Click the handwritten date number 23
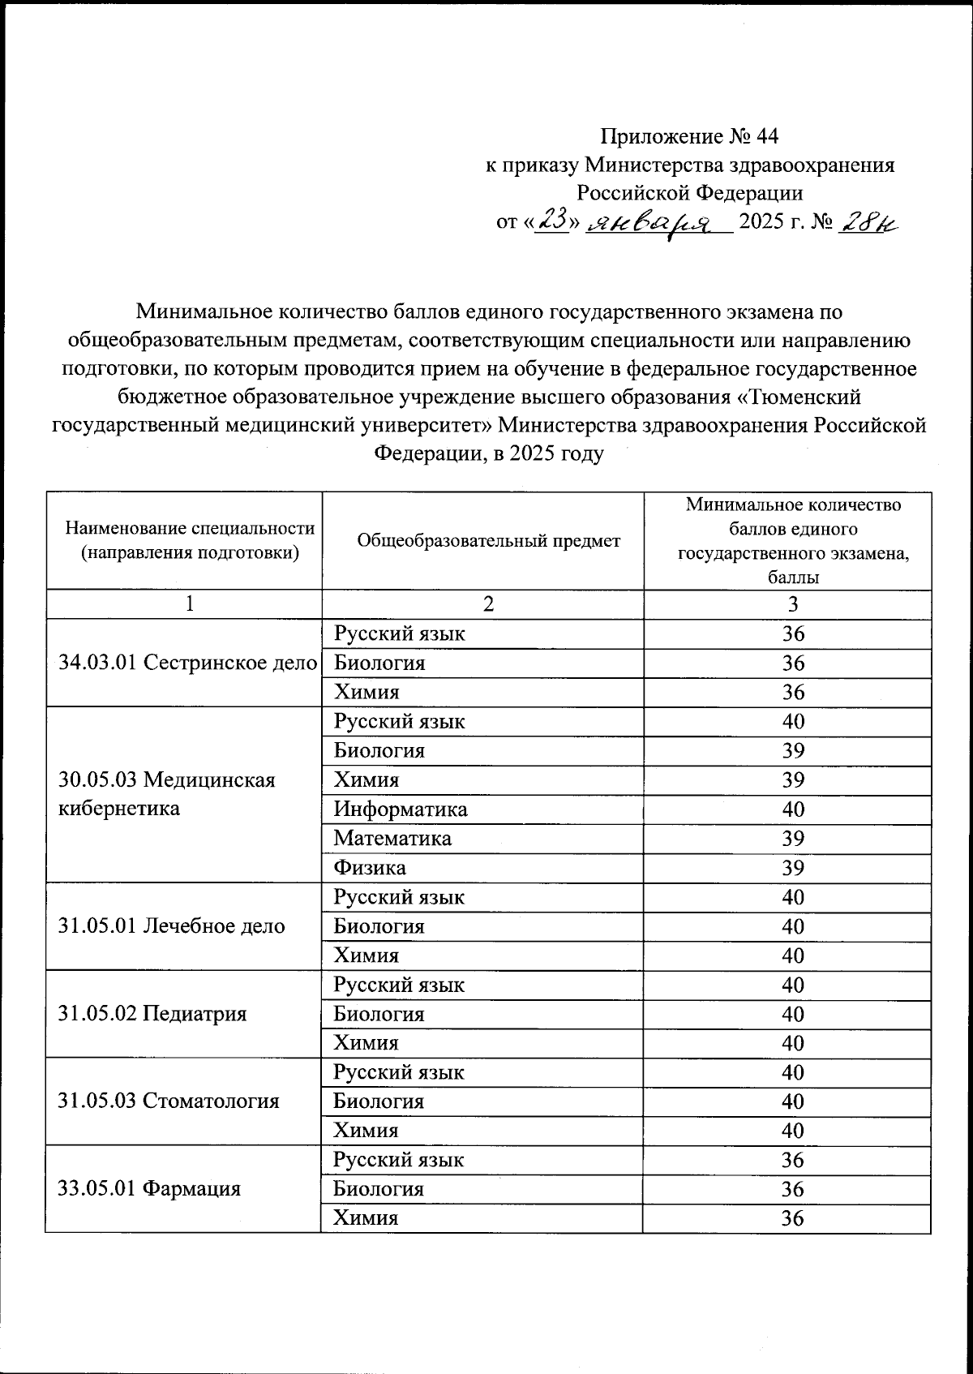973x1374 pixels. pos(551,220)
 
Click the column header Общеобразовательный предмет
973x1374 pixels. pos(489,540)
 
